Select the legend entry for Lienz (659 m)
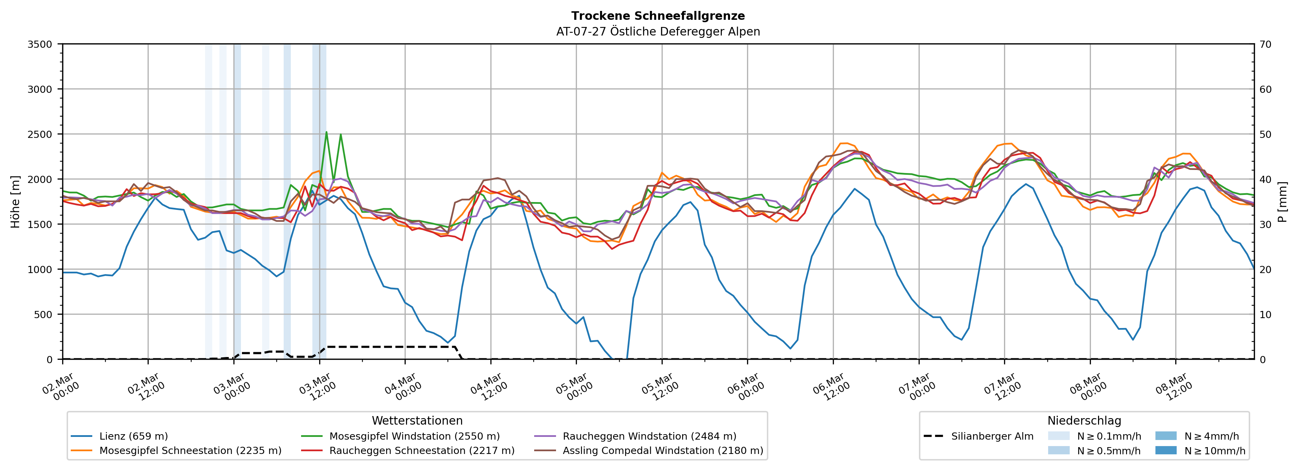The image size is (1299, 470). [133, 436]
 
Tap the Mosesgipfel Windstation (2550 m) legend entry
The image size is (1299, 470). [414, 436]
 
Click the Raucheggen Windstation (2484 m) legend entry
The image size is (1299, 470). [649, 436]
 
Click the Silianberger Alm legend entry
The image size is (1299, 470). [992, 436]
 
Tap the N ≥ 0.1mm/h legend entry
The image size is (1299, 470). [1108, 436]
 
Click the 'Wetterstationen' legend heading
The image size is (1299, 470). [417, 421]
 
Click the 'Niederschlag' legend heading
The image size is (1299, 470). [1084, 421]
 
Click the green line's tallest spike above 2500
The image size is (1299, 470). [326, 132]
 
